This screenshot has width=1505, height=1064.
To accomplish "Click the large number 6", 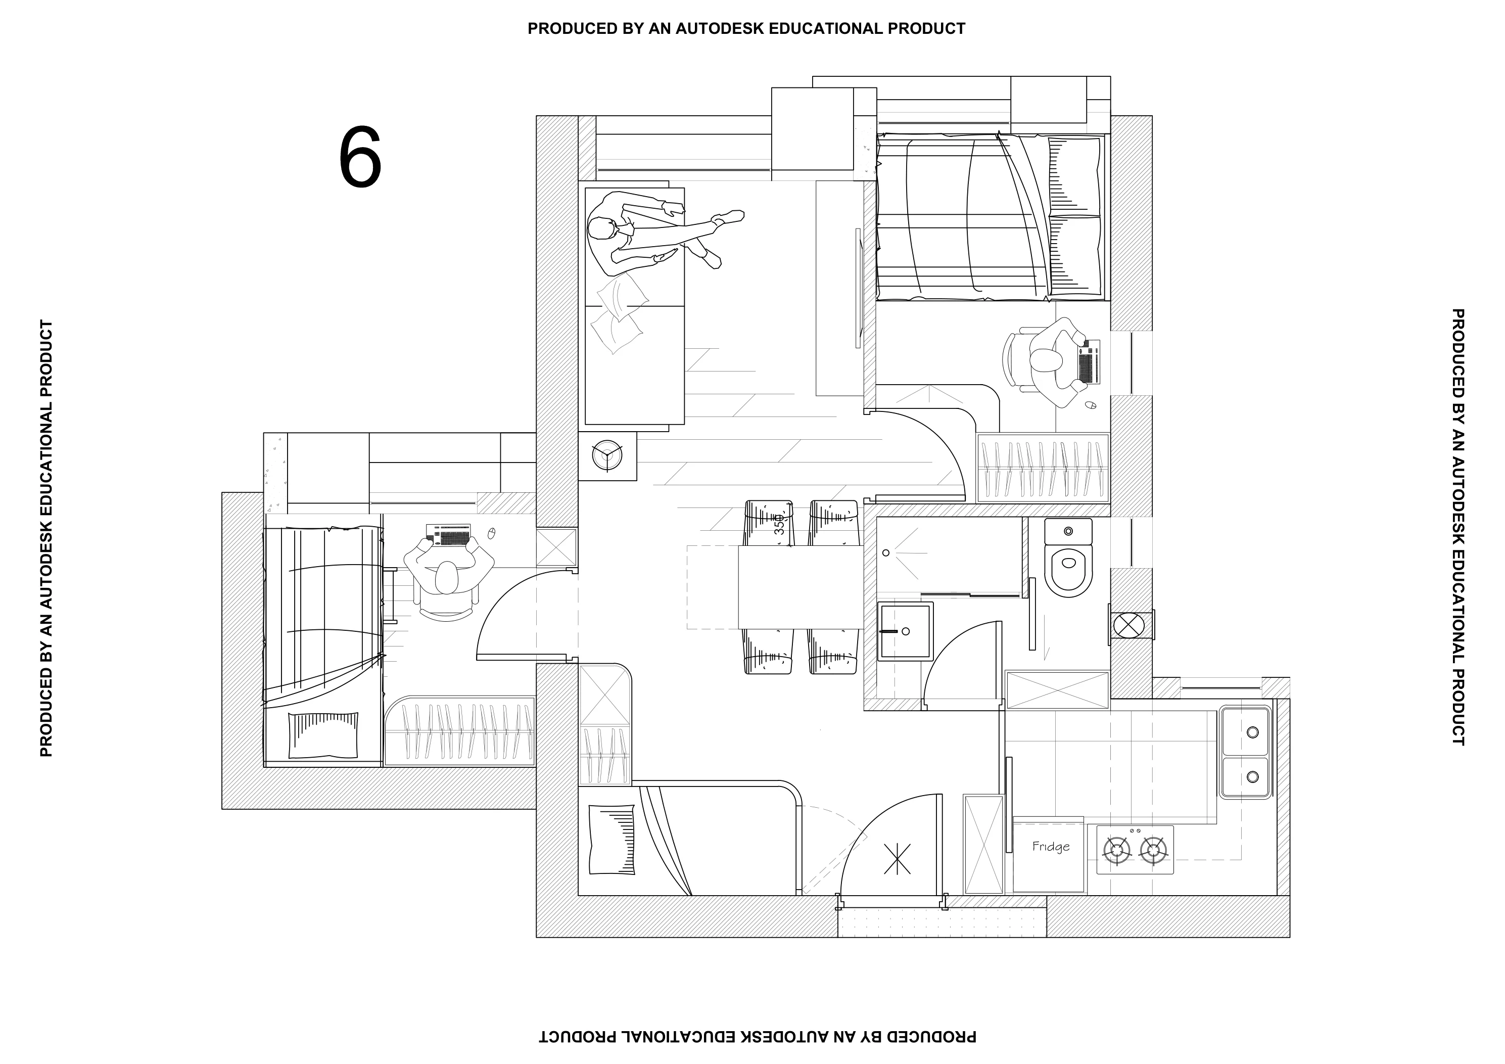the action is coord(360,157).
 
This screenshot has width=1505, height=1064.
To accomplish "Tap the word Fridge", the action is coord(1051,846).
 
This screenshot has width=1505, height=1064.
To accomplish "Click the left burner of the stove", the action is coord(1116,850).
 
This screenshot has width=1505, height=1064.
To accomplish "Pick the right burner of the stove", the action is coord(1154,850).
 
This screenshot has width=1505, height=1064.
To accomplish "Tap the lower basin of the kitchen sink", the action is coord(1245,777).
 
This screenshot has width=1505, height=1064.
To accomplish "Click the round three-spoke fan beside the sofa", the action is coord(606,455).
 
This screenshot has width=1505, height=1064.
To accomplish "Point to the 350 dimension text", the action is coord(779,525).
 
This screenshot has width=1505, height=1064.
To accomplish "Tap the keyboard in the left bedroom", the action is coord(448,535).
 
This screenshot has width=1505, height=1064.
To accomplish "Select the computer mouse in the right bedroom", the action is coord(1091,405).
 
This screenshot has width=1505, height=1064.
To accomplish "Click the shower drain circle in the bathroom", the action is coord(886,552).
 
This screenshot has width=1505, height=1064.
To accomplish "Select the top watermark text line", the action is coord(746,29).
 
